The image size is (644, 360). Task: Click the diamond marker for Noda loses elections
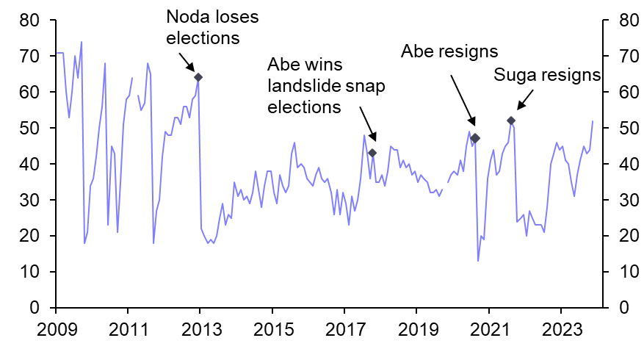198,77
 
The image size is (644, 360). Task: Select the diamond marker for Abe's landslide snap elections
372,153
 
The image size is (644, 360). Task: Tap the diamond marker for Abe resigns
475,138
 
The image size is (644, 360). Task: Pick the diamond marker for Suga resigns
511,120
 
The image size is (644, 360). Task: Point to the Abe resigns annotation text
449,51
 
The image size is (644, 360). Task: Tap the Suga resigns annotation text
547,75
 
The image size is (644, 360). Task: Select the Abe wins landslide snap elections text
326,86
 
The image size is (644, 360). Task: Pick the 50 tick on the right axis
618,128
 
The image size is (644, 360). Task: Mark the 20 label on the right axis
618,236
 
